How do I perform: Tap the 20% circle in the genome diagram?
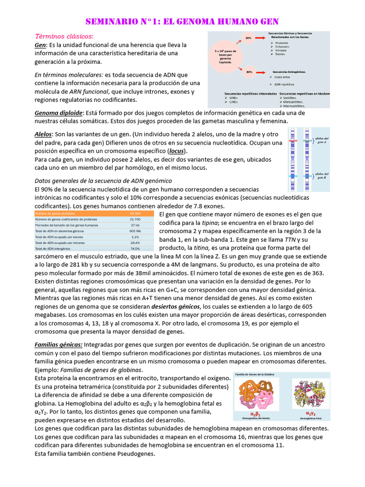pos(248,37)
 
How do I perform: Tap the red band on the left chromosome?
pos(293,141)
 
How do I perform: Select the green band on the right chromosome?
pos(307,176)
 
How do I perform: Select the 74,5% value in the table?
pos(135,248)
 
